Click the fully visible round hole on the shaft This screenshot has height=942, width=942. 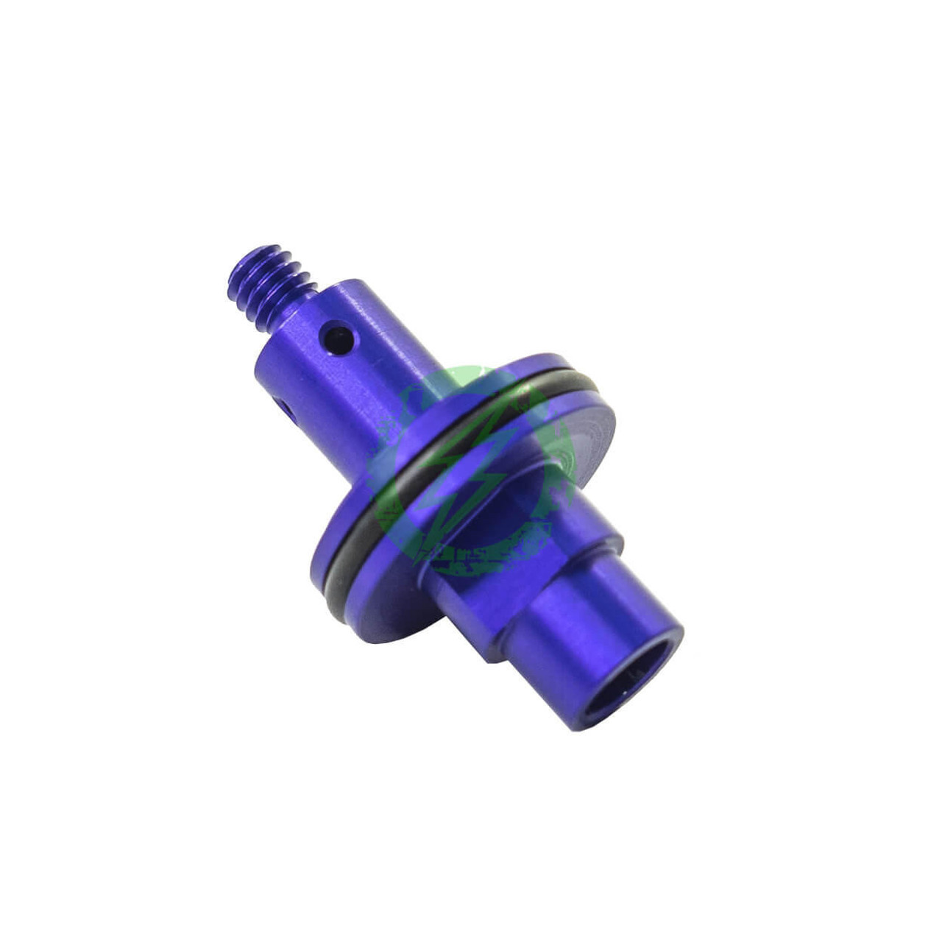tap(339, 340)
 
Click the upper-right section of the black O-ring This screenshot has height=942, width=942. tap(567, 383)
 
